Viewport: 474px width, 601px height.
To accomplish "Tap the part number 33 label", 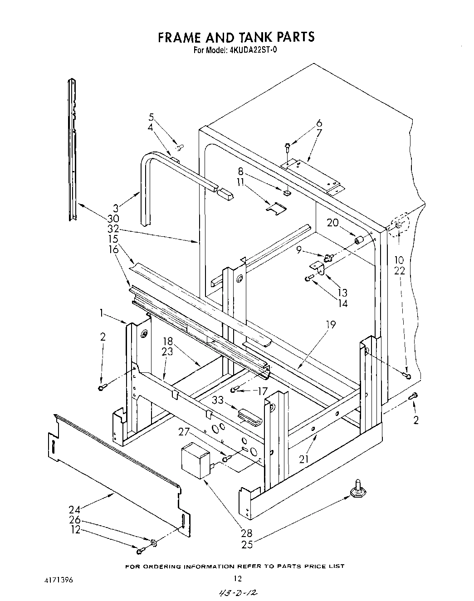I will click(x=218, y=400).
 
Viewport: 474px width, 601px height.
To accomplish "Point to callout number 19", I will click(x=330, y=325).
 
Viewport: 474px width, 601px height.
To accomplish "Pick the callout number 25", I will click(x=247, y=544).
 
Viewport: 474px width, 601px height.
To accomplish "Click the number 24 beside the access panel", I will click(x=75, y=508).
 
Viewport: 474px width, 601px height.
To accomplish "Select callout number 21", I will click(x=303, y=459).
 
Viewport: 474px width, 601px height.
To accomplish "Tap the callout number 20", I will click(x=332, y=223).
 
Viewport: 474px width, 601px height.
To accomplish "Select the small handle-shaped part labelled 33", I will click(x=249, y=415).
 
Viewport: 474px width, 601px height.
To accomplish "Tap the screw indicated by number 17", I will click(x=235, y=390).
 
